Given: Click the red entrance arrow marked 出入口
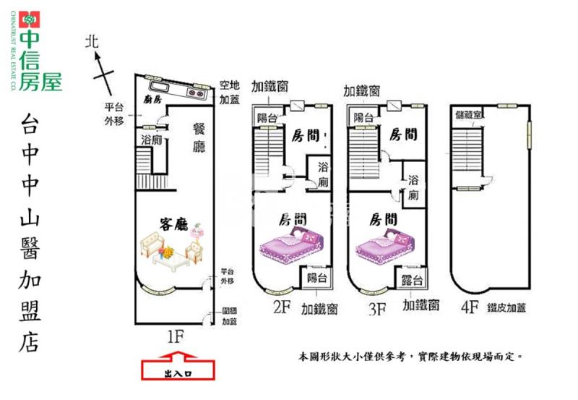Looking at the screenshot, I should (x=178, y=370).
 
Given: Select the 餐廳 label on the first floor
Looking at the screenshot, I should (x=199, y=137).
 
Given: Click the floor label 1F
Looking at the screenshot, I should (x=175, y=336).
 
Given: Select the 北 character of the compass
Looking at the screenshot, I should (x=91, y=43).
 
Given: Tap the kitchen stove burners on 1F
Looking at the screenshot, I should (x=197, y=92).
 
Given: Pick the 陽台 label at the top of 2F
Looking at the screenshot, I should (x=267, y=118).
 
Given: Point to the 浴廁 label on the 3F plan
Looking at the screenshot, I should (x=413, y=187).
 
